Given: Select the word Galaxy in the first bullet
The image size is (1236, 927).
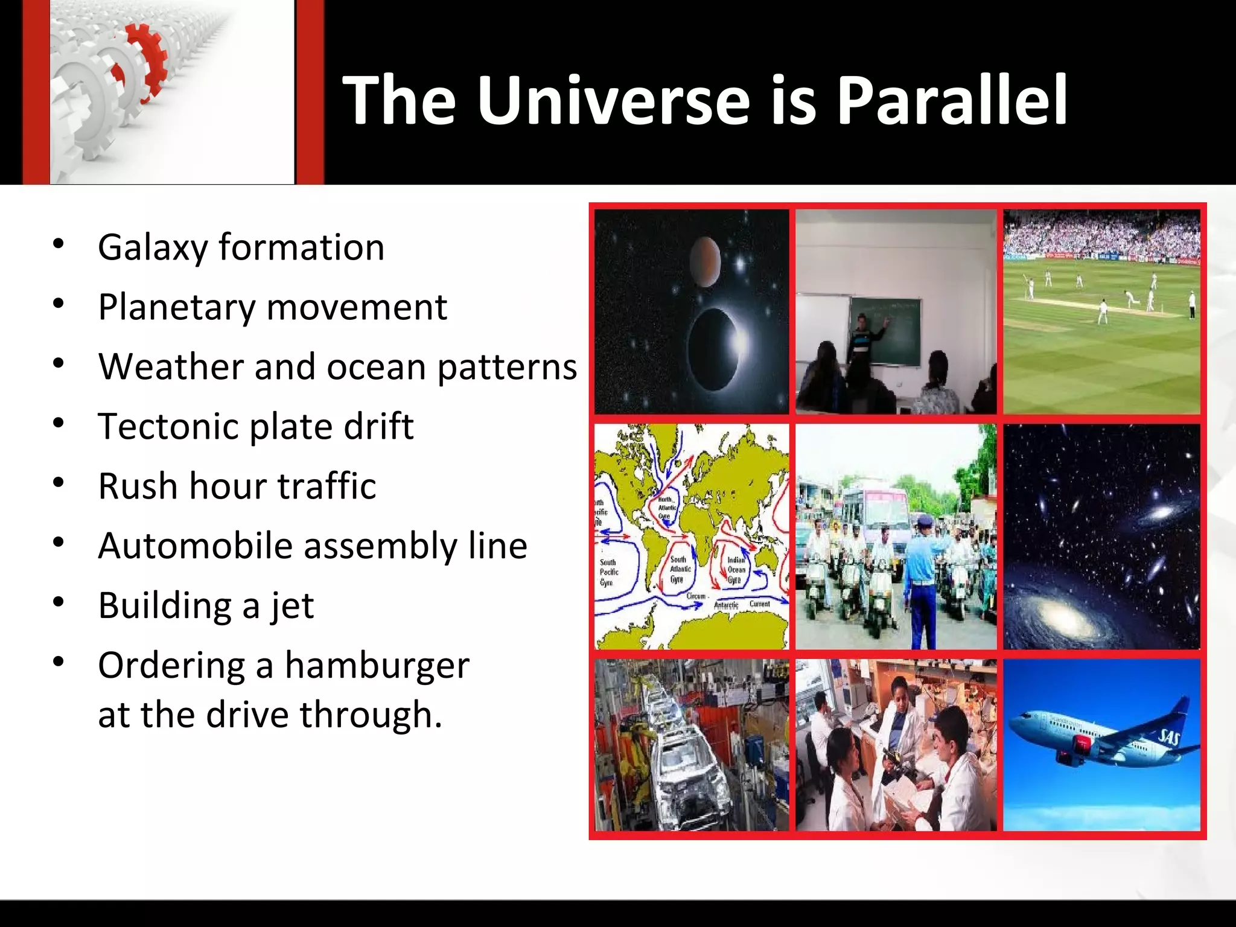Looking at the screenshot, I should point(153,248).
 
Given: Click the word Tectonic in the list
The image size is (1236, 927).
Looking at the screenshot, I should point(168,426).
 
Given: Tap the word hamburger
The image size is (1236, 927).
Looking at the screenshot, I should point(377,666).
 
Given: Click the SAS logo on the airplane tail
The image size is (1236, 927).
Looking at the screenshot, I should point(1169,737).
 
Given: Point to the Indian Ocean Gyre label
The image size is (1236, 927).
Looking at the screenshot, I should point(736,570).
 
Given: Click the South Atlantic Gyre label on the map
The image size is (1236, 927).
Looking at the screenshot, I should point(680,569).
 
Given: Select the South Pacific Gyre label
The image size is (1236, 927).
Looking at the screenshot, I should point(608,572).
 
